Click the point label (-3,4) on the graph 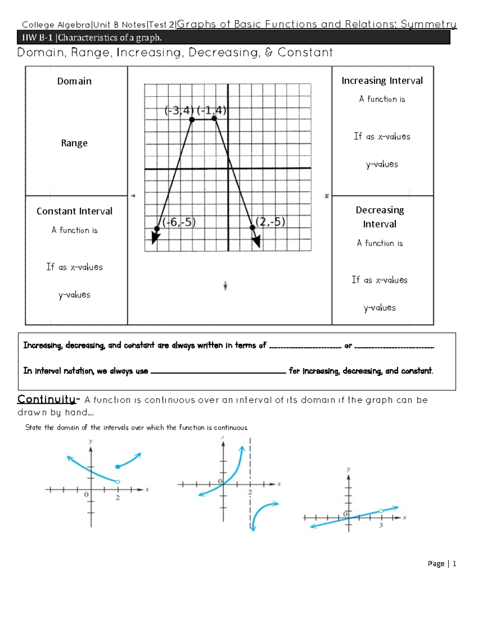point(179,110)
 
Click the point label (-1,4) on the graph point(212,110)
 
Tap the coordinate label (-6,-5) point(179,222)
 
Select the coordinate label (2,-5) point(270,222)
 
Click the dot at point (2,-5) point(252,228)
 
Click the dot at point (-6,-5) point(157,229)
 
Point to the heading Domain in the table point(74,81)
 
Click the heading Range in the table point(74,143)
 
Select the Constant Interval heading point(74,211)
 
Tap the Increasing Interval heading point(382,81)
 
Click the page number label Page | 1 point(442,564)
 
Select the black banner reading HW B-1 point(233,38)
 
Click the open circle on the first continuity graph point(118,482)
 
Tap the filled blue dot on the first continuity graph point(118,467)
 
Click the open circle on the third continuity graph point(381,511)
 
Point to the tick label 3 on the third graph point(381,525)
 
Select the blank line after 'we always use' point(218,373)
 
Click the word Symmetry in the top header point(428,24)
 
